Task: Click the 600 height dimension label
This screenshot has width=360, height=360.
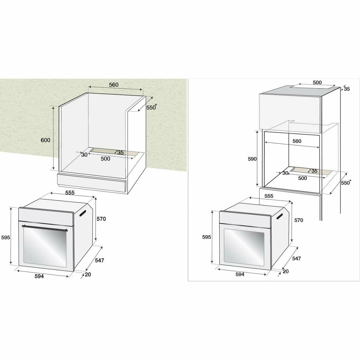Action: click(x=45, y=140)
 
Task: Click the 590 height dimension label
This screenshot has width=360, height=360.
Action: click(x=252, y=159)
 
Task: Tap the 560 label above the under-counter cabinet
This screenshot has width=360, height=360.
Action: click(x=114, y=85)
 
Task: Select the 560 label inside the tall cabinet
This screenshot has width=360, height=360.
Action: click(x=297, y=141)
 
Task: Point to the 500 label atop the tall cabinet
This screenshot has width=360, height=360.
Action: click(x=317, y=83)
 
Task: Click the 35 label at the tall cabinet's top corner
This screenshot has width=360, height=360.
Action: click(x=347, y=89)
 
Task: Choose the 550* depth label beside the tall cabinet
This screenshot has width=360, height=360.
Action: click(x=346, y=182)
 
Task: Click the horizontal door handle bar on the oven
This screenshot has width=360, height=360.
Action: click(x=45, y=228)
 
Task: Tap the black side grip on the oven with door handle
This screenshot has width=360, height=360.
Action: click(x=83, y=213)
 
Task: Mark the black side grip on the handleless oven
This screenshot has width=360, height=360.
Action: click(x=279, y=216)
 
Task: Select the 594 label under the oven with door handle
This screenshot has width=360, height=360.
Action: click(x=39, y=276)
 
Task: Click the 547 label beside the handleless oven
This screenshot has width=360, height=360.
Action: click(x=297, y=258)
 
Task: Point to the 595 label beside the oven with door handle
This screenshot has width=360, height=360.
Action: click(x=6, y=237)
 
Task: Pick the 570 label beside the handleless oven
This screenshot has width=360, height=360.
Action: click(x=299, y=220)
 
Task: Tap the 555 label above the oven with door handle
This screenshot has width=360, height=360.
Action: click(x=70, y=193)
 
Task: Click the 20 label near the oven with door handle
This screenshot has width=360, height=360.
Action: click(x=88, y=274)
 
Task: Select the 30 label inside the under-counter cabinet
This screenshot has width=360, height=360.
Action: click(x=84, y=155)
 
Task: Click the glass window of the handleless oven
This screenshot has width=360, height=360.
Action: click(x=244, y=248)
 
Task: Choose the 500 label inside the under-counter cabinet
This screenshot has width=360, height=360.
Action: click(x=105, y=159)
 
